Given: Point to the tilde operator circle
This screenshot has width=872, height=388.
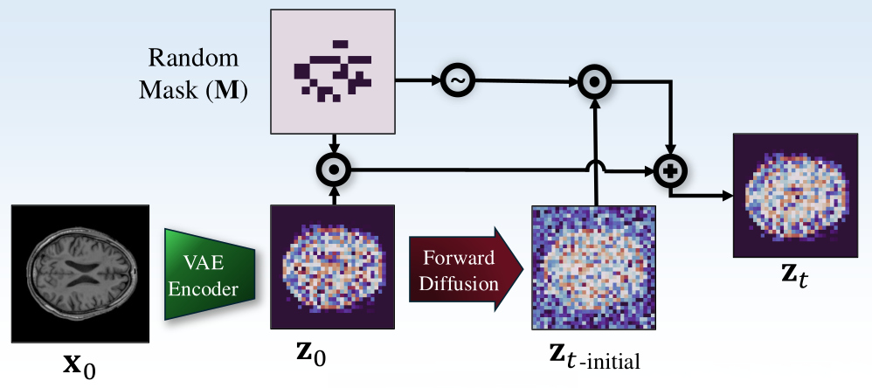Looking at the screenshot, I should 455,80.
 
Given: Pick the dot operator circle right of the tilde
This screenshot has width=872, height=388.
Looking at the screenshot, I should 594,81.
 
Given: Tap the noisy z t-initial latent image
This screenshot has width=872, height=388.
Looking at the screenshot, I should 593,267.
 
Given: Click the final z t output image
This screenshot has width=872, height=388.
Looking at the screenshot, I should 793,195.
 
